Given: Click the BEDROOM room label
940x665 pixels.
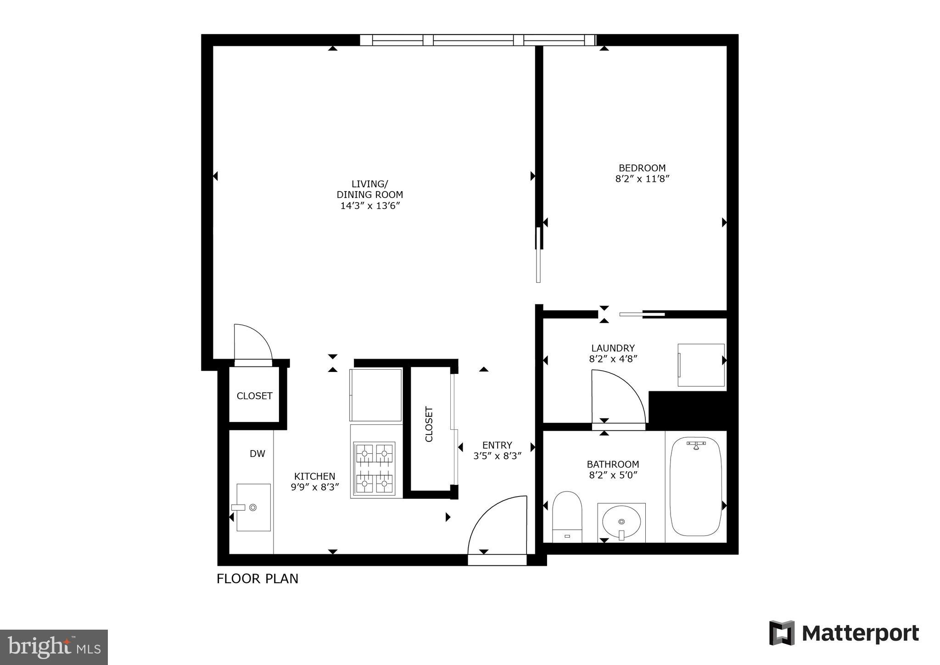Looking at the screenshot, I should coord(642,168).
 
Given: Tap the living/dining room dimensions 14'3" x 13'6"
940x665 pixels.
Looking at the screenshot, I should coord(370,206).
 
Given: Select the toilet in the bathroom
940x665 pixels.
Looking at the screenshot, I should coord(567,517).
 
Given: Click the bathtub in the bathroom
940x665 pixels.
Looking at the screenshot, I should coord(695,487).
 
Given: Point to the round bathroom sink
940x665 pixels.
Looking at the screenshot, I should coord(621,522).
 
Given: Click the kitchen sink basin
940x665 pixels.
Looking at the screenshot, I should coord(253,507).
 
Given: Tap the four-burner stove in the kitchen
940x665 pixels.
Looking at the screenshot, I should coord(374,468).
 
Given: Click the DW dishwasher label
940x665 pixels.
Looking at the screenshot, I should coord(257,454).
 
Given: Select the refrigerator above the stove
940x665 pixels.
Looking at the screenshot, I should coord(376,394).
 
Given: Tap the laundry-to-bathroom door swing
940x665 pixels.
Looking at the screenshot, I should coord(617,397).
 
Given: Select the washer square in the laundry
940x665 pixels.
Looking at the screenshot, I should coord(701,365).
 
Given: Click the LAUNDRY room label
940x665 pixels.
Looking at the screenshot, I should coord(613,348).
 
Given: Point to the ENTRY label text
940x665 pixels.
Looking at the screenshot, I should coord(497,445).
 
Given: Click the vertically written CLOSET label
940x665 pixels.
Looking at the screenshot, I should coord(429,424).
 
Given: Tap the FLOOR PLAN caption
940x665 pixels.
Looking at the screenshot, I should coord(257,579).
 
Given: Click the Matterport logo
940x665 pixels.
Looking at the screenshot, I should coord(844,633).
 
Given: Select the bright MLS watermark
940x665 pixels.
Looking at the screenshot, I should coord(54,647).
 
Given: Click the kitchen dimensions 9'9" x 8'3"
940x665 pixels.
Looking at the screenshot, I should coord(315,487).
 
